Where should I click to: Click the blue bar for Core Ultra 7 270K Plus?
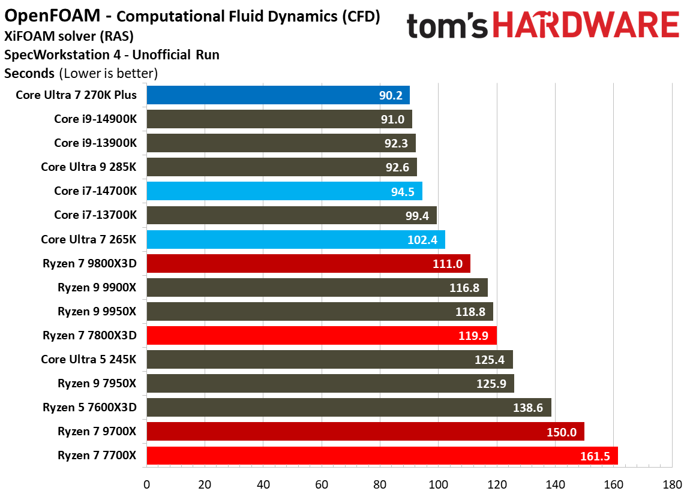pyautogui.click(x=278, y=95)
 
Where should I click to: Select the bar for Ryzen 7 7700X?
pyautogui.click(x=382, y=456)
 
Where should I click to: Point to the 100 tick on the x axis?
pyautogui.click(x=438, y=484)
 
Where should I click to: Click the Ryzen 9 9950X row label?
pyautogui.click(x=97, y=311)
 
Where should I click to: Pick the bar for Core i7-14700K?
pyautogui.click(x=284, y=191)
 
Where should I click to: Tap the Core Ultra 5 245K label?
pyautogui.click(x=88, y=359)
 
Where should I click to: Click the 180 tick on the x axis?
pyautogui.click(x=671, y=484)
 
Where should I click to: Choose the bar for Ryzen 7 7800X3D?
pyautogui.click(x=321, y=335)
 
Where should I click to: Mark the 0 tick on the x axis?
pyautogui.click(x=146, y=484)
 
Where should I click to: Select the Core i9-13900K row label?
pyautogui.click(x=95, y=143)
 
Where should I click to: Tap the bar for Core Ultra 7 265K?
pyautogui.click(x=295, y=239)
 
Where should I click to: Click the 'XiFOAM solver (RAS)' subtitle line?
pyautogui.click(x=68, y=36)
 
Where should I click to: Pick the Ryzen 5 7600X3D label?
pyautogui.click(x=89, y=408)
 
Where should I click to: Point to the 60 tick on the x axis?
pyautogui.click(x=322, y=484)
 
